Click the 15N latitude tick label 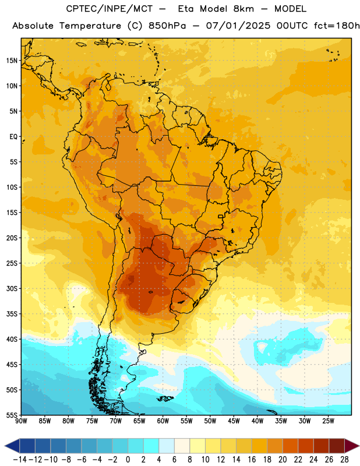[12, 61]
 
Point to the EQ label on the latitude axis [13, 137]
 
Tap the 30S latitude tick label [12, 288]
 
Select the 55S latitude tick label [12, 415]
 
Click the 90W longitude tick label [21, 421]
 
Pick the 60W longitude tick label [163, 421]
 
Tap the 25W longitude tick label [328, 421]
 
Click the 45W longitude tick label [234, 421]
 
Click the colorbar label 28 [344, 460]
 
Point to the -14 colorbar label [20, 460]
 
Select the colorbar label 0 [128, 460]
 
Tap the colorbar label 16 [252, 460]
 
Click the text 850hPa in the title [167, 26]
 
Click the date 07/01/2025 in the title [238, 26]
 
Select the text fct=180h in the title [337, 26]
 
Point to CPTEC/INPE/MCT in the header [110, 9]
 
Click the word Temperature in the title [90, 26]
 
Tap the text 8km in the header [243, 9]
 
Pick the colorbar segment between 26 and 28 [337, 446]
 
